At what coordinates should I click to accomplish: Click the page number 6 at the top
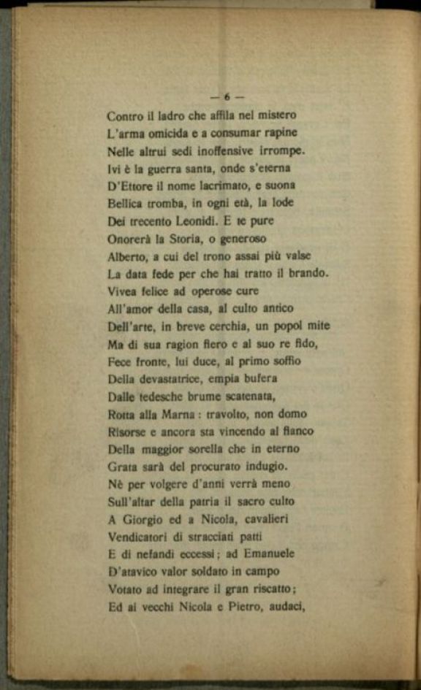[x=227, y=96]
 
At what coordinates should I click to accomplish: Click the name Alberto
[x=126, y=256]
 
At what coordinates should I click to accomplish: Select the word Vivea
[x=122, y=291]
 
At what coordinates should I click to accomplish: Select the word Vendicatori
[x=137, y=537]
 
